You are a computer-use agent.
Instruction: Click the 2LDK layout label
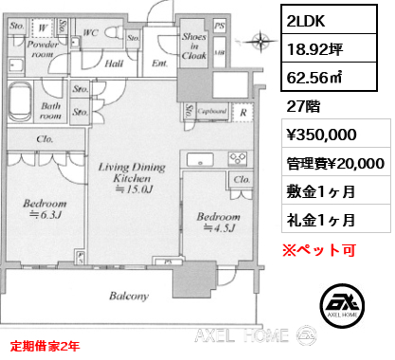[x=307, y=19]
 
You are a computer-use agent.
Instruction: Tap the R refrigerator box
[x=244, y=110]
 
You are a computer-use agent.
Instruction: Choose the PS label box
[x=221, y=26]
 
